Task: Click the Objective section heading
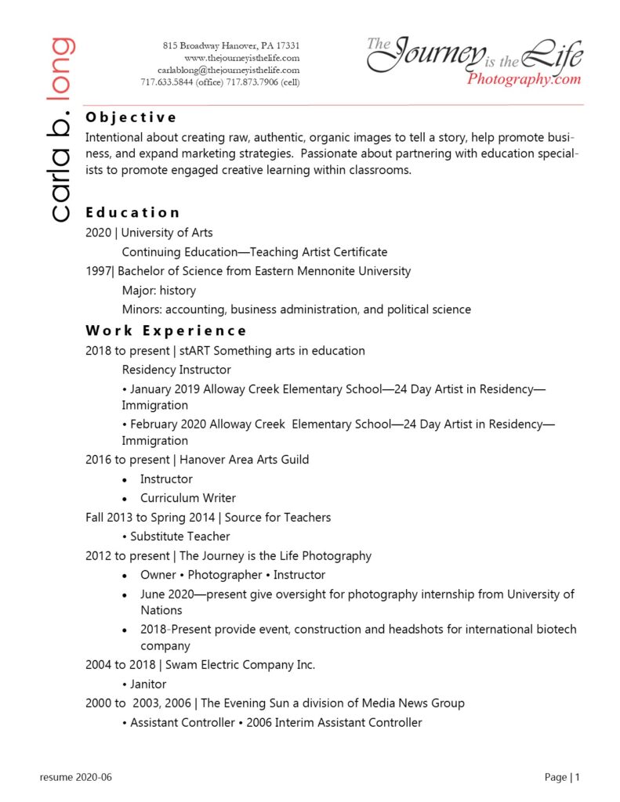point(131,117)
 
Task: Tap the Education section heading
point(132,212)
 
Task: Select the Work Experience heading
point(166,331)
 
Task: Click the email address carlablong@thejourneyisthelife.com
point(234,70)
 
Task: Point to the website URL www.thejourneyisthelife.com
point(241,58)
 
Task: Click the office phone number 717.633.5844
point(167,82)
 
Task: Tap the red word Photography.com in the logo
point(524,79)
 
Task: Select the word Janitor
point(148,684)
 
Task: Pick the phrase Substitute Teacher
point(179,536)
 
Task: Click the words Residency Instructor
point(176,370)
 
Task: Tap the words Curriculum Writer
point(188,498)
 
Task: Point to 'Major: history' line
point(158,291)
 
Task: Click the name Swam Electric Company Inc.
point(240,665)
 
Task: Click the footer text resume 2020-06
point(76,778)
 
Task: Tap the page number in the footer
point(577,778)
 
